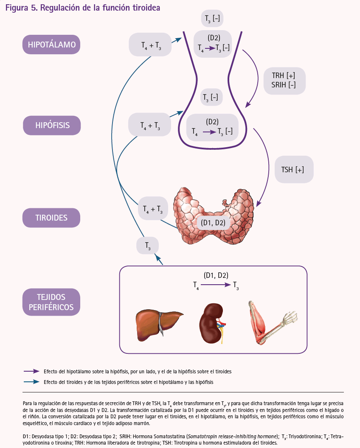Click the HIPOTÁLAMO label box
pos(51,45)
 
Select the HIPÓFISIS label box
pos(52,126)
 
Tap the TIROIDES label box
pos(51,218)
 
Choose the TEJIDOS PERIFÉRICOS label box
pos(51,302)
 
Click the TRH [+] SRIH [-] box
pos(284,81)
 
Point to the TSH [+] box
pos(294,169)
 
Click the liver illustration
pos(159,325)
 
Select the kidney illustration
pos(212,323)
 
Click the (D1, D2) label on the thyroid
pos(213,223)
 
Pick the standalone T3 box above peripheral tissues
pos(148,246)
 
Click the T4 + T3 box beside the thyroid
pos(153,209)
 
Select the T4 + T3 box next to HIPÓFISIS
pos(149,125)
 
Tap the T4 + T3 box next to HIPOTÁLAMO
pos(150,45)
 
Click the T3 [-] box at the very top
pos(212,19)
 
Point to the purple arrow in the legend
pos(31,372)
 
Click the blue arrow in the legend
pos(31,382)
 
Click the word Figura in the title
pos(17,8)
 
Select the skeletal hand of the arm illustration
pos(289,317)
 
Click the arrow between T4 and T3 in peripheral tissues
pos(216,285)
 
